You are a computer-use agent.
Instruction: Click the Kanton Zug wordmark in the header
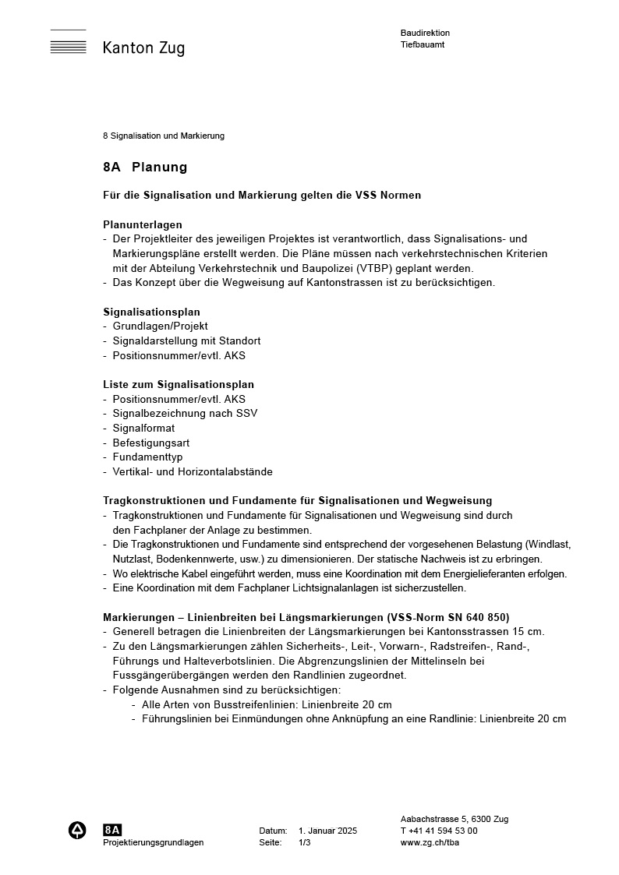click(143, 48)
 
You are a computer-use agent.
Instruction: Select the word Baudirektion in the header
click(425, 33)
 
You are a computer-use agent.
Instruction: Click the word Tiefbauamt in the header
click(423, 44)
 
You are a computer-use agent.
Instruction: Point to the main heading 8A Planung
click(145, 167)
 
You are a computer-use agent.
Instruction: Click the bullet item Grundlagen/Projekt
click(160, 326)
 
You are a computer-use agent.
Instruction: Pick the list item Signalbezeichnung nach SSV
click(185, 414)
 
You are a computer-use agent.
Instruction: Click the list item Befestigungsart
click(151, 443)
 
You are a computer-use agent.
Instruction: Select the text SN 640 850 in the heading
click(477, 617)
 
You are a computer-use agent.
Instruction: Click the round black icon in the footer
click(77, 831)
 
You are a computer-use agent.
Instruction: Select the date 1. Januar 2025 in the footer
click(327, 831)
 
